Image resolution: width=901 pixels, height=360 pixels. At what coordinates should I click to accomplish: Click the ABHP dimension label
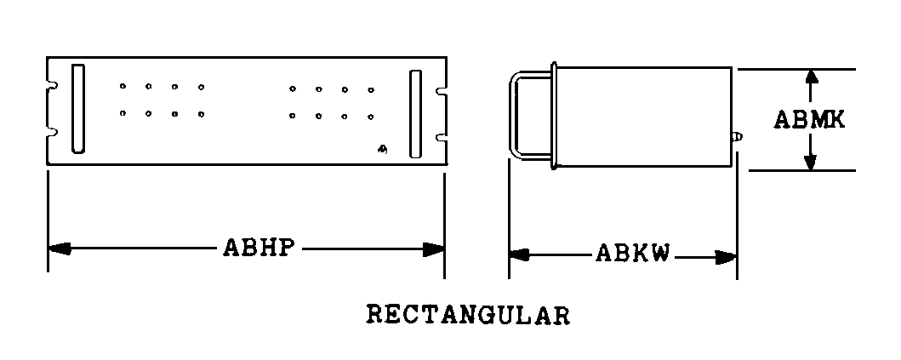[x=259, y=248]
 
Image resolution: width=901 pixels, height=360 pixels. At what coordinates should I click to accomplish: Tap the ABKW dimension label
[x=633, y=253]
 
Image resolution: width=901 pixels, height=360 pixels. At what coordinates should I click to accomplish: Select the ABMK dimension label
[x=810, y=120]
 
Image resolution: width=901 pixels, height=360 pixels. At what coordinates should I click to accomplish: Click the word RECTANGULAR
[x=468, y=315]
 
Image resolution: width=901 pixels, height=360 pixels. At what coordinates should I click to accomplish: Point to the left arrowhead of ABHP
[x=60, y=249]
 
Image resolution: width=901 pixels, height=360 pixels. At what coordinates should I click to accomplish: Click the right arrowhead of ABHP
[x=434, y=249]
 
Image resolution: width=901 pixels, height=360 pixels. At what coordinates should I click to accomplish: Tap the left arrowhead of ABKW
[x=520, y=254]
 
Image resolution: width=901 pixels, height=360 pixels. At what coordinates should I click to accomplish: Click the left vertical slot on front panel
[x=78, y=109]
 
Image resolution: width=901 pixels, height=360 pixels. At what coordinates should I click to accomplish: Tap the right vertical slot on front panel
[x=415, y=114]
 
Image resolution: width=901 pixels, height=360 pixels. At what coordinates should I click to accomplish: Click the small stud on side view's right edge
[x=737, y=137]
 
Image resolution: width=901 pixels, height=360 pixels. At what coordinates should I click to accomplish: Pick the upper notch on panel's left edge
[x=52, y=86]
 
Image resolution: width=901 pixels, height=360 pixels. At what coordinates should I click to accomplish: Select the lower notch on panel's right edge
[x=442, y=137]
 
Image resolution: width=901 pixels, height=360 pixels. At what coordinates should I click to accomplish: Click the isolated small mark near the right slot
[x=383, y=150]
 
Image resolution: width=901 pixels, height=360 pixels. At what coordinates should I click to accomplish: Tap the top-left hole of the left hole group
[x=123, y=86]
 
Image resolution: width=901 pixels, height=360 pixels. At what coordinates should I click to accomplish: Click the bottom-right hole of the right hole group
[x=371, y=117]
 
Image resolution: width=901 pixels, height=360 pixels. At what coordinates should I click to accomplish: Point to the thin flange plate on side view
[x=554, y=115]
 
